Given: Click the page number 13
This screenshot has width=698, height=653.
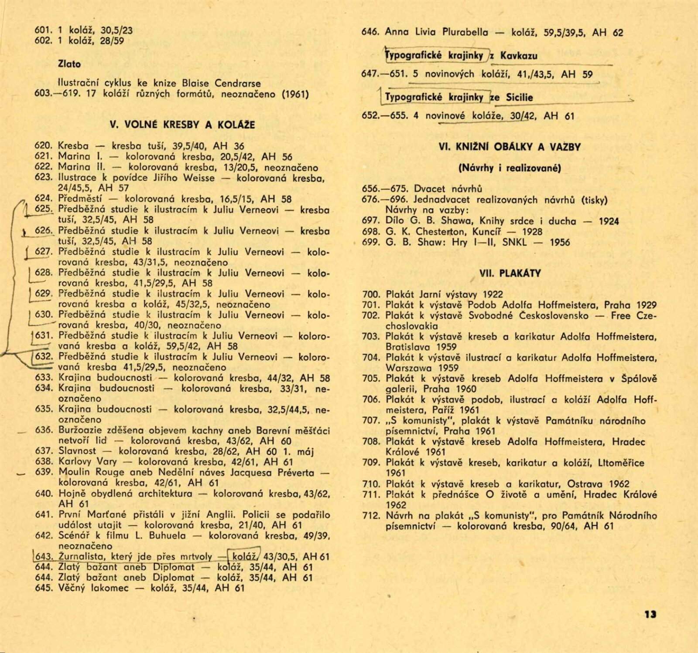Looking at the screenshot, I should (650, 614).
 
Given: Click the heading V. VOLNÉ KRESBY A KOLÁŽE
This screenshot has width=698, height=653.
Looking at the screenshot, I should (182, 125).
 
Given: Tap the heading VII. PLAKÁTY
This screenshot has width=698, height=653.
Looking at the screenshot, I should (510, 274).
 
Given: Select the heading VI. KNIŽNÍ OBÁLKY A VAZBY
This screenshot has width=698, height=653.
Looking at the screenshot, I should (510, 147).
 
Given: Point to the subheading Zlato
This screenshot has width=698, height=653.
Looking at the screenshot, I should (69, 64).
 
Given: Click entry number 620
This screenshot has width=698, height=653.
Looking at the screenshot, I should (44, 146).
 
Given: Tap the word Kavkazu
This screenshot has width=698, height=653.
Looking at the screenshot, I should (519, 56).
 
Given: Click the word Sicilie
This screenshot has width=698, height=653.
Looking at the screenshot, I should (519, 98).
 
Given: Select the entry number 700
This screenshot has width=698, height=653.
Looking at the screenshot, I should (371, 295).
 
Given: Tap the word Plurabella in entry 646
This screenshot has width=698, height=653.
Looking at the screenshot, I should (465, 32).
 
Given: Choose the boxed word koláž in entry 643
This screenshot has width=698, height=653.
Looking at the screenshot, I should (244, 557).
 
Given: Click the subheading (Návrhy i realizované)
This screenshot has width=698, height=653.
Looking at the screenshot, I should (510, 168).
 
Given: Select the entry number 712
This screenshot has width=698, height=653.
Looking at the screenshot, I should (371, 516).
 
